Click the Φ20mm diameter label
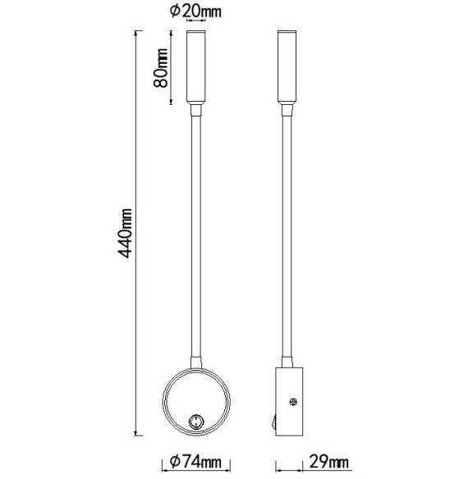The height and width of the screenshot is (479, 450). (197, 11)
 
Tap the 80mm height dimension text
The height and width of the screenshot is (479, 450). (162, 67)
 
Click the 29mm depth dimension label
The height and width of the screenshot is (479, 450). (326, 464)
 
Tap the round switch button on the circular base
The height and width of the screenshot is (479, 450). (196, 422)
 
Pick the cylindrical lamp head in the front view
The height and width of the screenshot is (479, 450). (196, 66)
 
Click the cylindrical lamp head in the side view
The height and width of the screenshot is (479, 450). (287, 66)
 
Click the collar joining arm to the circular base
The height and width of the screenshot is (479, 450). (196, 363)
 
